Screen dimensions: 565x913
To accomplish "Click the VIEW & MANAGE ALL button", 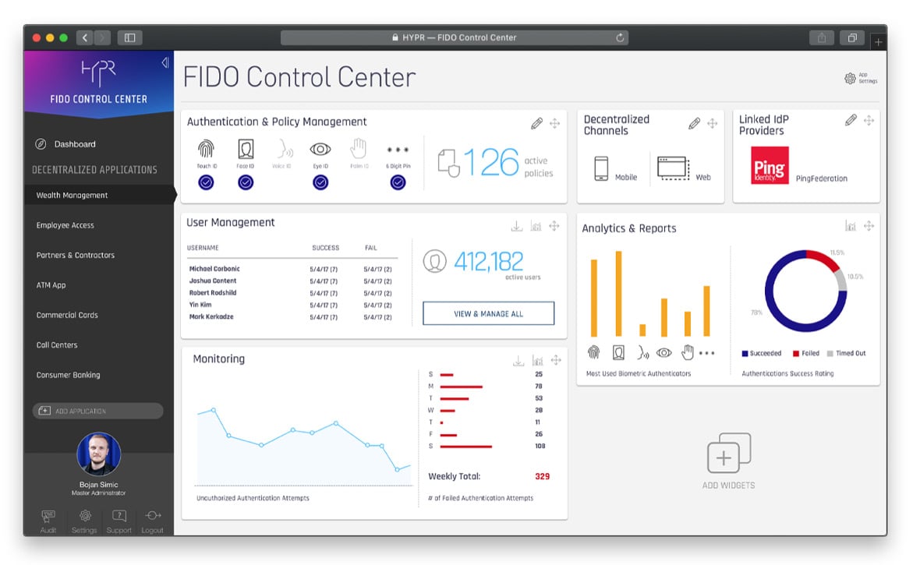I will click(488, 313).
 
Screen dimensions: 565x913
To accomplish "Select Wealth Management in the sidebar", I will click(72, 196).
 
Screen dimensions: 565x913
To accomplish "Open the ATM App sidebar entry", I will click(51, 285).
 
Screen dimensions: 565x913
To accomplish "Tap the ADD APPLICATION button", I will click(97, 411).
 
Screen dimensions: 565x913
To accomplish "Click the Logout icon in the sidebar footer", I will click(153, 516).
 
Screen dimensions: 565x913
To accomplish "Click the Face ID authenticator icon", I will click(246, 149).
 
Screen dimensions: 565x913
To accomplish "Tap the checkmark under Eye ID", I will click(320, 182).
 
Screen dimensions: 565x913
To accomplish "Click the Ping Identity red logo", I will click(770, 165).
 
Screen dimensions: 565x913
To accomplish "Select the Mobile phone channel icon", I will click(600, 168).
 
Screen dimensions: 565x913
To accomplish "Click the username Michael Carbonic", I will click(214, 269).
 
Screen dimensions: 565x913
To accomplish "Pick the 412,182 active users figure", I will click(489, 261).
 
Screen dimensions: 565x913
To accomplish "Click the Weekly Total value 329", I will click(542, 476).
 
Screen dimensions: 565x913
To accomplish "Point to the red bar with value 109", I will click(466, 447).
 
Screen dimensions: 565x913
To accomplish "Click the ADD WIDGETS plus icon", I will click(727, 454).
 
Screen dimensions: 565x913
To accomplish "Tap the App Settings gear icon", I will click(850, 79).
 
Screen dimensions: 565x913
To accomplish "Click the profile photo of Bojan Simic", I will click(98, 454).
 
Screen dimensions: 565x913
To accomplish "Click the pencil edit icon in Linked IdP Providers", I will click(851, 121).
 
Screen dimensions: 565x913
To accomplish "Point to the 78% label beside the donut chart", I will click(756, 313).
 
